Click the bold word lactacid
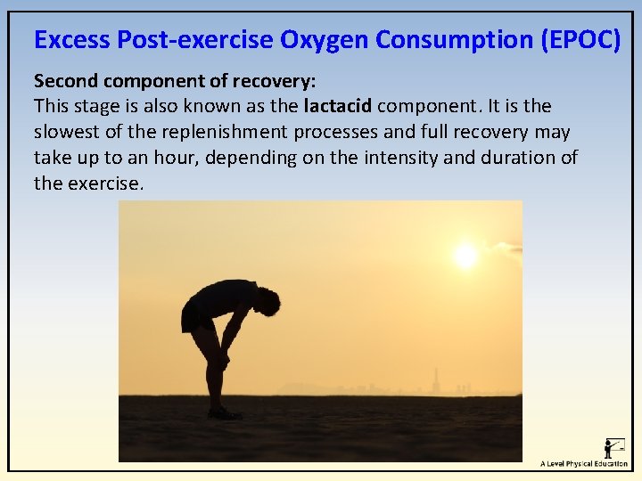(x=338, y=106)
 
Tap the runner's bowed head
(x=265, y=301)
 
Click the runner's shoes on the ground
(x=223, y=413)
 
